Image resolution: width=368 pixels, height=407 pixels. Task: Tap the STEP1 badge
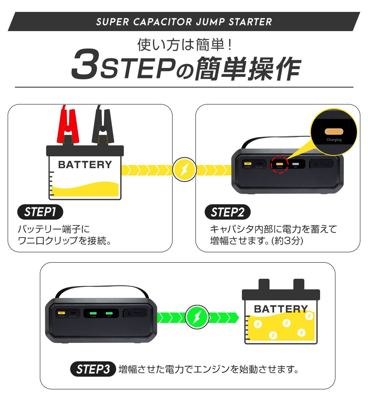tap(40, 212)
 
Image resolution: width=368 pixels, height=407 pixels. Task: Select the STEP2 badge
tap(228, 212)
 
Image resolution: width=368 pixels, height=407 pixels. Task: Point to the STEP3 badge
tap(93, 369)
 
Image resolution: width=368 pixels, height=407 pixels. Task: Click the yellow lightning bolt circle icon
tap(184, 169)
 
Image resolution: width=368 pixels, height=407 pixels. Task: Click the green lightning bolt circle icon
tap(197, 318)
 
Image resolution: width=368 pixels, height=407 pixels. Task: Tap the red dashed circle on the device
tap(280, 164)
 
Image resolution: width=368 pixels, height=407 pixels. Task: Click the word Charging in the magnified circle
tap(334, 140)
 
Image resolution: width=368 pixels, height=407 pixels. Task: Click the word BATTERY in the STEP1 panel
tap(85, 165)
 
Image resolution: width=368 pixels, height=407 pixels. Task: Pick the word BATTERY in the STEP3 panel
tap(281, 309)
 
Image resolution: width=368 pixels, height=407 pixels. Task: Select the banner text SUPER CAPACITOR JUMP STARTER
tap(184, 22)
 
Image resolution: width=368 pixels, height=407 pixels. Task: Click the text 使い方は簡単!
tap(184, 45)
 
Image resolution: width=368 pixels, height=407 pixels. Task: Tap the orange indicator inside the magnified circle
tap(333, 131)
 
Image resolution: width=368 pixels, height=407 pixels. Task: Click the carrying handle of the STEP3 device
tap(102, 290)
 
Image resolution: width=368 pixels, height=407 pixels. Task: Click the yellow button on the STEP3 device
tap(61, 313)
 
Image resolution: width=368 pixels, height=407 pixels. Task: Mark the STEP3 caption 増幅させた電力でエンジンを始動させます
tap(208, 369)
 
